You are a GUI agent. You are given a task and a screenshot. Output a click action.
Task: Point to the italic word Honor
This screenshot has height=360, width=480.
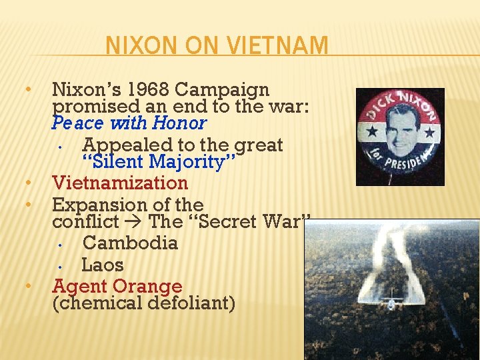[x=179, y=123]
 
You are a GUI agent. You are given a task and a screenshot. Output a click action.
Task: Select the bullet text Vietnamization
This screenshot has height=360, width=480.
[x=120, y=183]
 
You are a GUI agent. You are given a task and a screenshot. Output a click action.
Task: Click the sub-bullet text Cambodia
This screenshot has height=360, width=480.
[x=130, y=243]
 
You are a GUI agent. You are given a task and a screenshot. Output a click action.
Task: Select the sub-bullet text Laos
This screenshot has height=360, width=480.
[x=103, y=265]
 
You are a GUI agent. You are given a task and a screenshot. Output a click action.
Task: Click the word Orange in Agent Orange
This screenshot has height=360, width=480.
[x=147, y=286]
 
